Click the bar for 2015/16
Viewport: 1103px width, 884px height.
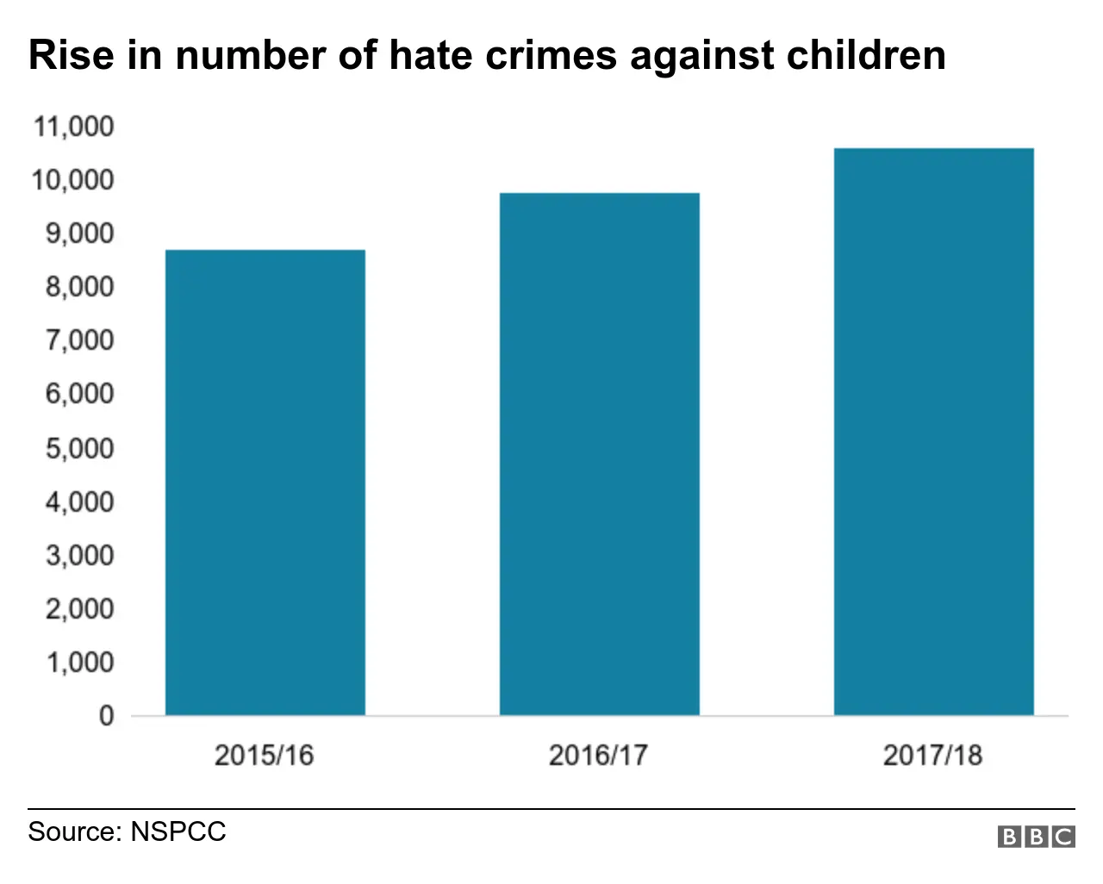pos(265,482)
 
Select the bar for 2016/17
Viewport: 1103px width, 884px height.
pos(600,454)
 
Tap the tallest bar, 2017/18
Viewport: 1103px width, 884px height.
pos(934,432)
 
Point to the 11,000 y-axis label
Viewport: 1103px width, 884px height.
pos(73,127)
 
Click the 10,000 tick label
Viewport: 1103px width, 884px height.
pos(73,180)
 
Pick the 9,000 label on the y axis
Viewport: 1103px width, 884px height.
pos(79,233)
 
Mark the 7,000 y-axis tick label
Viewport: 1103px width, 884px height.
pos(79,340)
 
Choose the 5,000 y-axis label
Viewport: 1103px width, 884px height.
pos(79,448)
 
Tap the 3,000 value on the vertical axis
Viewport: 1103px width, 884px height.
pos(79,555)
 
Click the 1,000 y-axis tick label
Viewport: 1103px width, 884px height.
pos(79,662)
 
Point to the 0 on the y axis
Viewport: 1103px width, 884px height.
pos(106,715)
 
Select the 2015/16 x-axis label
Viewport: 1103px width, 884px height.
pos(264,756)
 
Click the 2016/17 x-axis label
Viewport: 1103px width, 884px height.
pos(598,756)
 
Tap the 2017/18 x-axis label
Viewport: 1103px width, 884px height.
pos(932,756)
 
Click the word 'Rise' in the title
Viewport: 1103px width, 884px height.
pos(71,55)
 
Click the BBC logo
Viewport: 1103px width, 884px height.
pos(1037,836)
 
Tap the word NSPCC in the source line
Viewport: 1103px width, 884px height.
pos(178,831)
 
